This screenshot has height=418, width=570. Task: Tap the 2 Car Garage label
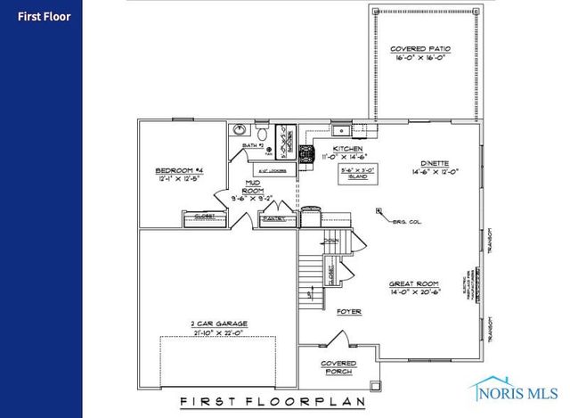coord(217,324)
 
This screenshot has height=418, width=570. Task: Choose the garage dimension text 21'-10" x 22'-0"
coord(217,333)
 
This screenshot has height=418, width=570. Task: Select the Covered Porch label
coord(338,367)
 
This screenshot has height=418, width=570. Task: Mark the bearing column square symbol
coord(379,211)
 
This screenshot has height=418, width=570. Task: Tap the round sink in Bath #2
coord(238,130)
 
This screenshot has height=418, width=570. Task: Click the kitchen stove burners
coord(307,154)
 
